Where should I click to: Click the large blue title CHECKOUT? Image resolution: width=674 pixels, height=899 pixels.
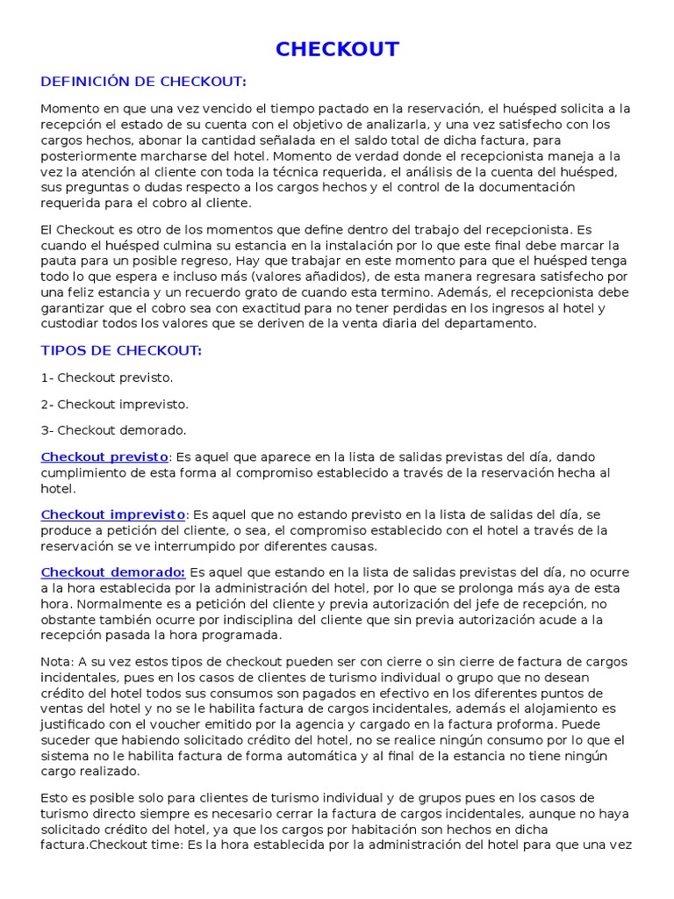(x=337, y=49)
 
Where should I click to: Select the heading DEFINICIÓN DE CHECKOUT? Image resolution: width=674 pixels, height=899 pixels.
(x=144, y=82)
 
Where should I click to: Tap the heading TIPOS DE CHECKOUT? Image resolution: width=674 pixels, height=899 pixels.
(x=121, y=350)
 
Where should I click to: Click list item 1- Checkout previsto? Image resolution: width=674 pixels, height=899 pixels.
(x=107, y=378)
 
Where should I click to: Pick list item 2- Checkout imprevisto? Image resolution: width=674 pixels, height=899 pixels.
(x=115, y=404)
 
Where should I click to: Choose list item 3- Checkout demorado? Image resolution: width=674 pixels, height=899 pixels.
(x=113, y=430)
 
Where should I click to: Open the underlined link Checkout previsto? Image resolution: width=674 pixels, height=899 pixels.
(x=104, y=457)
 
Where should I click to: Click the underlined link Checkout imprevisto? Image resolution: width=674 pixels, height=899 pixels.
(x=113, y=514)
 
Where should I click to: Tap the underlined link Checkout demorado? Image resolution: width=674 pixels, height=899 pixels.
(x=113, y=572)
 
